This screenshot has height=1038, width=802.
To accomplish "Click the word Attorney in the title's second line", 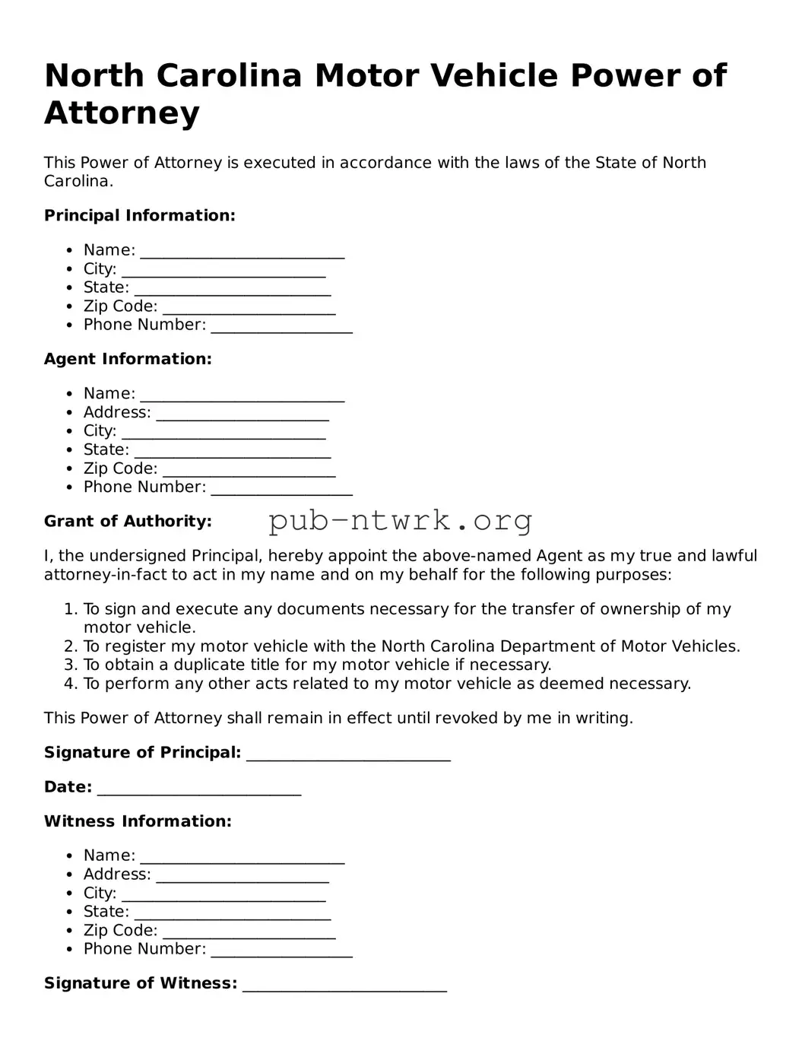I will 122,113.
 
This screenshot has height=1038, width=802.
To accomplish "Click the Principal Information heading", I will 140,216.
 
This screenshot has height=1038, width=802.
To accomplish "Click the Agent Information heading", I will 128,359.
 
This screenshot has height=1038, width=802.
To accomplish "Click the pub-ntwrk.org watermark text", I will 400,521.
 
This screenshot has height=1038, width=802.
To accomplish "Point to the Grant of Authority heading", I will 128,522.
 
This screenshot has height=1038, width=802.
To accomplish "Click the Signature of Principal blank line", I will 349,754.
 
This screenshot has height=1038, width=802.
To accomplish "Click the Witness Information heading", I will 138,821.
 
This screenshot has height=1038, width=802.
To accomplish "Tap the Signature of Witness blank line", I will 345,986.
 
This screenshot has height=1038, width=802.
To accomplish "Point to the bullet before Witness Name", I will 69,856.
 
